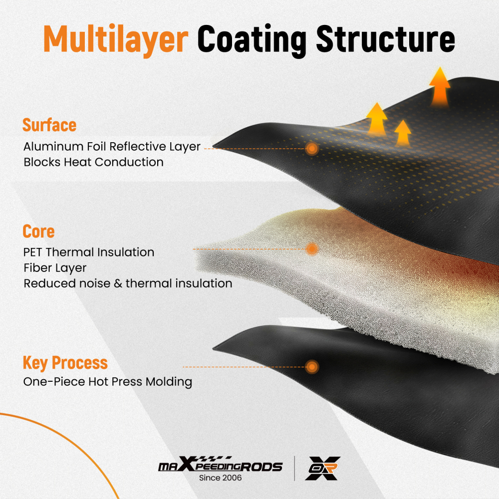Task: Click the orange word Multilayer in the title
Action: pos(116,40)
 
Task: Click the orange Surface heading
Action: pos(49,125)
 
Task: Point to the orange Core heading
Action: pos(38,232)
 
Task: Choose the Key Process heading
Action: pos(65,363)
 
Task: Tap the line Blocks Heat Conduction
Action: pos(94,162)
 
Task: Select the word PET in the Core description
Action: pos(32,252)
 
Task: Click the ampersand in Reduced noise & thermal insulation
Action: pos(118,283)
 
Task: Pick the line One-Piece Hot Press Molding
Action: pos(108,382)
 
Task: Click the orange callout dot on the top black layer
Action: pos(312,148)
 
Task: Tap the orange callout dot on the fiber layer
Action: pos(312,249)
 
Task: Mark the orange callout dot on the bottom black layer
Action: pos(312,367)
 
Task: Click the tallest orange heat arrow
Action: pos(440,86)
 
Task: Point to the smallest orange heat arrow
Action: pos(403,133)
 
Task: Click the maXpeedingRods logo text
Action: pos(220,464)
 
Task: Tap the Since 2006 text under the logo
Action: pos(220,478)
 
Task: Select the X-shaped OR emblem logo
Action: pos(323,468)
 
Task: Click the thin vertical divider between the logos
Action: pos(294,468)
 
